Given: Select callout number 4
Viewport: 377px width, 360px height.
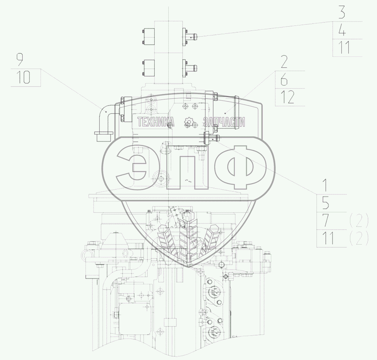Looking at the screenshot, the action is point(342,30).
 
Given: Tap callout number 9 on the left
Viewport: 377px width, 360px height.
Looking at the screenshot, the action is point(20,60).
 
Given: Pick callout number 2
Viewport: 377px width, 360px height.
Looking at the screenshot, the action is point(284,61).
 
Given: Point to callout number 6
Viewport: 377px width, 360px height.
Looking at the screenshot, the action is point(284,79).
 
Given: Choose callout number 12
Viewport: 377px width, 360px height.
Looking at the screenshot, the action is point(287,97).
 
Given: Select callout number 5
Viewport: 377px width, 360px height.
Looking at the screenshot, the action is point(326,203).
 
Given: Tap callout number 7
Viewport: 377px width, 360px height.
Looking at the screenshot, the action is point(326,220).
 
